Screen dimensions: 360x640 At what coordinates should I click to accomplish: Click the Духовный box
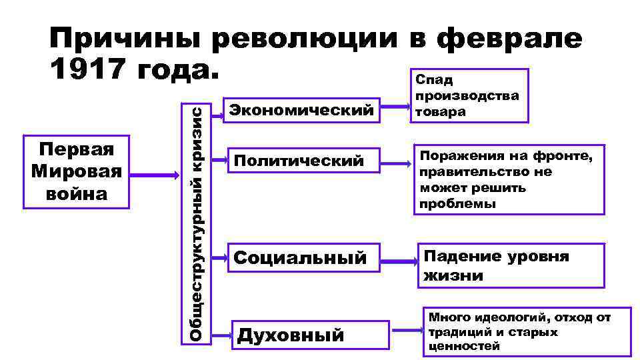tap(309, 334)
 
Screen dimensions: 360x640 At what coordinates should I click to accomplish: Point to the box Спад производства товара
tap(469, 96)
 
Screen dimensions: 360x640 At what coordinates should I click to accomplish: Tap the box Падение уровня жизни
tap(511, 265)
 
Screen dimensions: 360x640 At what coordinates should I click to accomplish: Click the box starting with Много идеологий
tap(527, 331)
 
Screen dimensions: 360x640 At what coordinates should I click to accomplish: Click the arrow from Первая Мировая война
tap(156, 174)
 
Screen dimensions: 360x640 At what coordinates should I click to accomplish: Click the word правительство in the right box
tap(467, 172)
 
